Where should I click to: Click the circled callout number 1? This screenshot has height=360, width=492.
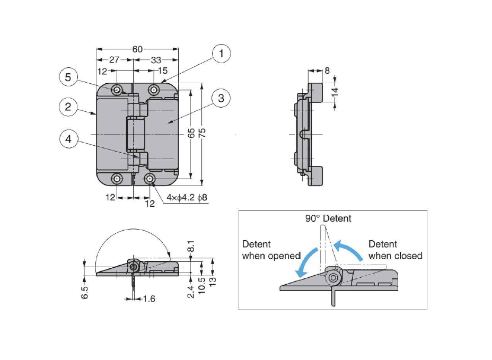pos(222,53)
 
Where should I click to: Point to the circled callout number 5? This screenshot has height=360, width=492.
pos(68,77)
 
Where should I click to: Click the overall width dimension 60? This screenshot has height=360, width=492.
pos(137,49)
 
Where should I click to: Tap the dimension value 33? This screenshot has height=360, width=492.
pos(156,60)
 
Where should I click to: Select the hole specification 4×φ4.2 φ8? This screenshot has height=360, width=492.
pos(186,198)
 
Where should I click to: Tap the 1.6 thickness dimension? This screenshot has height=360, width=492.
pos(149,299)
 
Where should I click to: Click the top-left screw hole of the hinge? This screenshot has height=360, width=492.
pos(116,90)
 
